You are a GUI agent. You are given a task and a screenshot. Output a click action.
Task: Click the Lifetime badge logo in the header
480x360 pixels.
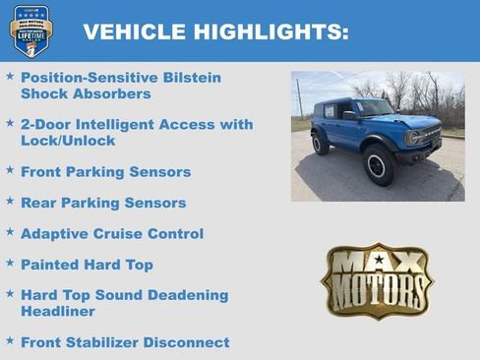point(30,30)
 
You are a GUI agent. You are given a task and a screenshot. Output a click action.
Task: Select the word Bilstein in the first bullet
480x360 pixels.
point(191,78)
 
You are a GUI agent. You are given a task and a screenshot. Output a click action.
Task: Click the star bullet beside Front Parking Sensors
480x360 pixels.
point(10,170)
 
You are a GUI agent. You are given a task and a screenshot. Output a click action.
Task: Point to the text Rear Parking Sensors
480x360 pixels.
point(103,203)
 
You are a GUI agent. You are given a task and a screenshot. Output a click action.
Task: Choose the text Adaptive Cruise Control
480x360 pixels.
point(112,234)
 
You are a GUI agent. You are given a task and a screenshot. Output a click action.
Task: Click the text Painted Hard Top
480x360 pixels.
point(87,265)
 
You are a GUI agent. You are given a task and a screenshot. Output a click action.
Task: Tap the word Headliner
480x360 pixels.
point(58,311)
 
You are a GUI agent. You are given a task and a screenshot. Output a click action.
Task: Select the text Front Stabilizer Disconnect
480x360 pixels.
point(125,342)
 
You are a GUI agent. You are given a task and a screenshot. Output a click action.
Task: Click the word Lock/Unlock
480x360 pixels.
point(68,141)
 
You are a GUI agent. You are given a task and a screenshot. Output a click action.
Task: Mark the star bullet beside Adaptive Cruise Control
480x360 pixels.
point(10,232)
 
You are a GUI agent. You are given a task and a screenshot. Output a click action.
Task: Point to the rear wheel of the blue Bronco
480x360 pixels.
point(321,143)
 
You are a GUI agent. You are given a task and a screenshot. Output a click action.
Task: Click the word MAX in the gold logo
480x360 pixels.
point(378,261)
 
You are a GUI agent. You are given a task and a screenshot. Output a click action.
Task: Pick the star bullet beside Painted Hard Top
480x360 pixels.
point(10,263)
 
